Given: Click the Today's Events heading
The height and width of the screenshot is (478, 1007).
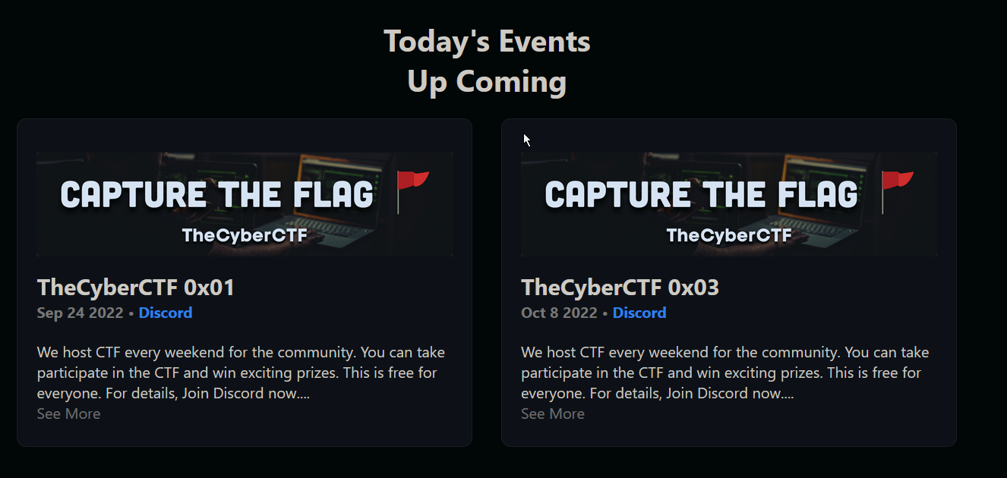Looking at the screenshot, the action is point(487,41).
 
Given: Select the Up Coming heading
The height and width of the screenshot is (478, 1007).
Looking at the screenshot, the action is point(487,82).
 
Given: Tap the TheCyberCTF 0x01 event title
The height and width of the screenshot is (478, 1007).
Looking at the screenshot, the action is point(136,288).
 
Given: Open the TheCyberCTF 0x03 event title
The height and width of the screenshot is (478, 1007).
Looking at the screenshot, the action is point(620,288).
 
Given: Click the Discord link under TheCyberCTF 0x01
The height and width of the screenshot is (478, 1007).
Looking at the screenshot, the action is point(166,313).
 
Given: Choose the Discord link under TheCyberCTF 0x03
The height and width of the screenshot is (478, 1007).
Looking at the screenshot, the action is point(639,313).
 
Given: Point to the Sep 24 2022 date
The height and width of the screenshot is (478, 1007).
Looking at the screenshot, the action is point(80,313).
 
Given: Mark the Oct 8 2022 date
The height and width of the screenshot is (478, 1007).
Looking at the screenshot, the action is point(559,313).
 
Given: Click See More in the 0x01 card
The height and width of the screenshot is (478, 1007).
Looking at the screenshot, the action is point(69,414).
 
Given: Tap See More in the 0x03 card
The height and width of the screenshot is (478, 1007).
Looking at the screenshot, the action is point(553,414).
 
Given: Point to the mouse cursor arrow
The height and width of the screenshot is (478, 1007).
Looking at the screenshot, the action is point(526,140).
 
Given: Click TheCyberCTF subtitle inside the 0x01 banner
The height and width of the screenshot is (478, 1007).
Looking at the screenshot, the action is point(245,235).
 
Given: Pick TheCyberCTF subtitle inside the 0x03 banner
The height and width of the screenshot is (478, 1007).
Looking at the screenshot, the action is point(729,235).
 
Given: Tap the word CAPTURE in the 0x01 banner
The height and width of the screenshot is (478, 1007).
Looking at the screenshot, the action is point(134,194).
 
